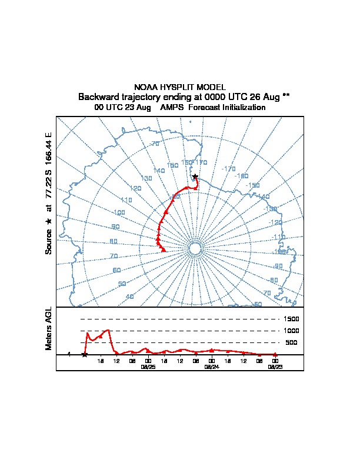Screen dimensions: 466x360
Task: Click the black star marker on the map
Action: (x=195, y=176)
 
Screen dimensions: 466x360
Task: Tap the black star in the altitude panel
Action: (x=85, y=354)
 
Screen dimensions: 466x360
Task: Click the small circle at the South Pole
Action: (x=195, y=249)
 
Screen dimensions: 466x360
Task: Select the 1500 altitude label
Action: (x=292, y=319)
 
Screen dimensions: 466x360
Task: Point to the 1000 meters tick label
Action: (x=292, y=331)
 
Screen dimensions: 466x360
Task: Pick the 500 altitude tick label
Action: (x=292, y=342)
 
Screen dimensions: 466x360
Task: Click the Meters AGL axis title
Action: (x=49, y=329)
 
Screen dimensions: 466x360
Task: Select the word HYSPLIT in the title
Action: (x=178, y=87)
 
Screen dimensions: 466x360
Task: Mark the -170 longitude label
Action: (x=229, y=169)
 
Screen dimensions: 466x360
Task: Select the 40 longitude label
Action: (x=129, y=297)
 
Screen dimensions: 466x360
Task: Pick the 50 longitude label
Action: (x=122, y=284)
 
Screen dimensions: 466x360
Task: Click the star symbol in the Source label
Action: (x=49, y=221)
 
